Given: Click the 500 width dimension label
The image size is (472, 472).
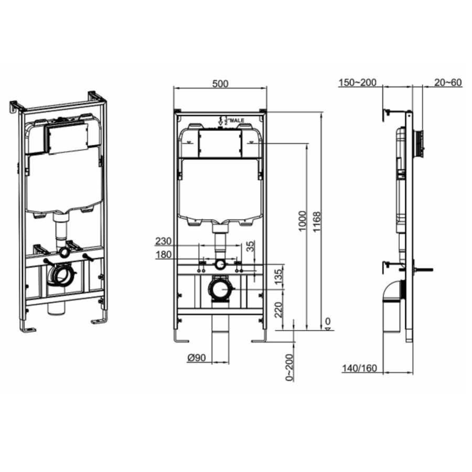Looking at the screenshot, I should (x=220, y=83).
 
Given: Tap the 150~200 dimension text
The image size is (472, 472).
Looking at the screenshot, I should (x=358, y=83).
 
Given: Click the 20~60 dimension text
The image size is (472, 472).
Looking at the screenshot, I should (x=447, y=83).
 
